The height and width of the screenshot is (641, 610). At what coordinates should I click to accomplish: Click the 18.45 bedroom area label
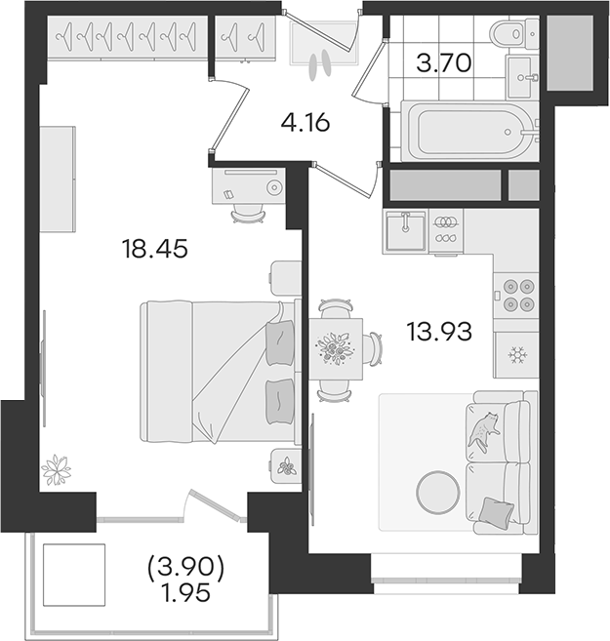[x=155, y=249]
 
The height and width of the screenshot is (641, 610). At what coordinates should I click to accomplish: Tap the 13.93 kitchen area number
[x=439, y=331]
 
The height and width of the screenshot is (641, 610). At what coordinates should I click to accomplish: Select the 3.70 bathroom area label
[x=444, y=63]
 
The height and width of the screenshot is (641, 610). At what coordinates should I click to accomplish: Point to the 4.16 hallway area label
[x=305, y=122]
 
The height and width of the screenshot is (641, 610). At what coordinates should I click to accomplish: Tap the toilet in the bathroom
[x=514, y=32]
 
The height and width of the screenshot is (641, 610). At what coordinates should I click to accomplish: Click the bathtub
[x=468, y=132]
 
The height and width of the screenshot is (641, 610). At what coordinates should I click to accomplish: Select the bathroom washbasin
[x=522, y=77]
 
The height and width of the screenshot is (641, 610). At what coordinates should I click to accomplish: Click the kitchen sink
[x=406, y=231]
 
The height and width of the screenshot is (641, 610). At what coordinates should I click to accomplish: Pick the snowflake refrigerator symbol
[x=517, y=355]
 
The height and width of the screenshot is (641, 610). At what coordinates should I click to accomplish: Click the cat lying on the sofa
[x=484, y=431]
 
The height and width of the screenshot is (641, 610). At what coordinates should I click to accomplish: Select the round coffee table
[x=438, y=492]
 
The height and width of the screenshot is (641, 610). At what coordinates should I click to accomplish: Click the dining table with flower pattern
[x=336, y=348]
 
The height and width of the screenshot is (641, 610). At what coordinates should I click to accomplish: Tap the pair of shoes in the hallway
[x=319, y=64]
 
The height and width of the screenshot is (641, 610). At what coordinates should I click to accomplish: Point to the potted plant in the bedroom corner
[x=57, y=470]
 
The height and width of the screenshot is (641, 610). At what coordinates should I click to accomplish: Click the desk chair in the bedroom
[x=247, y=214]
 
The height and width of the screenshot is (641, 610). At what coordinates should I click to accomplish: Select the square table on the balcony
[x=74, y=575]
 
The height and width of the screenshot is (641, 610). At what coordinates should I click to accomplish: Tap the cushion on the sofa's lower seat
[x=496, y=510]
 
